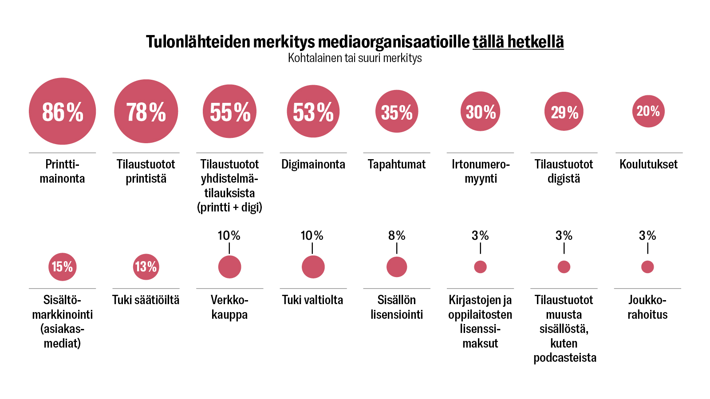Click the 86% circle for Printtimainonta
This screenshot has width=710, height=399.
pyautogui.click(x=62, y=111)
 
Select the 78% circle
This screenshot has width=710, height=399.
pyautogui.click(x=146, y=111)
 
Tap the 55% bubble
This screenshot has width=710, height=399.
pyautogui.click(x=229, y=111)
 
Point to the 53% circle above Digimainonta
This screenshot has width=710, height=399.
pyautogui.click(x=313, y=111)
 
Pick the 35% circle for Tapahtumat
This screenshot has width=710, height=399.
pyautogui.click(x=397, y=111)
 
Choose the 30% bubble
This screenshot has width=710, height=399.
pyautogui.click(x=481, y=111)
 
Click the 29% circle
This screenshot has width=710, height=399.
pyautogui.click(x=564, y=111)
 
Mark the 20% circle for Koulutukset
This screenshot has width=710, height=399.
pyautogui.click(x=648, y=111)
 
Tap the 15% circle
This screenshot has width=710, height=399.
pyautogui.click(x=62, y=267)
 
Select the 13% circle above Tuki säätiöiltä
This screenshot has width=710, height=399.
pyautogui.click(x=146, y=267)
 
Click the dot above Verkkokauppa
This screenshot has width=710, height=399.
pyautogui.click(x=229, y=267)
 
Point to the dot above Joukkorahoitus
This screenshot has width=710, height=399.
pyautogui.click(x=647, y=267)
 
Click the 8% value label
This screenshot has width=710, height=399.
pyautogui.click(x=397, y=235)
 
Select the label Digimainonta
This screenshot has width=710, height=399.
pyautogui.click(x=313, y=164)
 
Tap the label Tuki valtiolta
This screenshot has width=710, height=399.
pyautogui.click(x=312, y=300)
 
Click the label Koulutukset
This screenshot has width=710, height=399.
pyautogui.click(x=648, y=164)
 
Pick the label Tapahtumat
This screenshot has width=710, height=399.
pyautogui.click(x=397, y=164)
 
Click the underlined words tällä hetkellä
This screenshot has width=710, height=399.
pyautogui.click(x=518, y=42)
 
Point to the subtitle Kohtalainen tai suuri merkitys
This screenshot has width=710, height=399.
pyautogui.click(x=355, y=58)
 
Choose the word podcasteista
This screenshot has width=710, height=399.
pyautogui.click(x=564, y=358)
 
